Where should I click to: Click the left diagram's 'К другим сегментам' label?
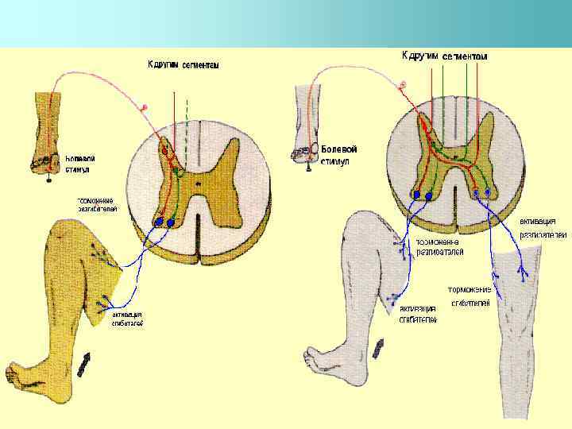(184, 64)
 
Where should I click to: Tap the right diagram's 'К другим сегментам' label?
(444, 56)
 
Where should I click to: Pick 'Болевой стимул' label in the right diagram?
(339, 155)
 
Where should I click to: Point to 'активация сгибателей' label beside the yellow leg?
(127, 319)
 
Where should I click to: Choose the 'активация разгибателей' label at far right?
(543, 227)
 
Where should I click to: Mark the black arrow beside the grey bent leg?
(379, 347)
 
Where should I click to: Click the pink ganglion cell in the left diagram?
(144, 106)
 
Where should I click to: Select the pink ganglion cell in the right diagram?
(403, 83)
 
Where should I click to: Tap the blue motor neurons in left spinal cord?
(164, 222)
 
